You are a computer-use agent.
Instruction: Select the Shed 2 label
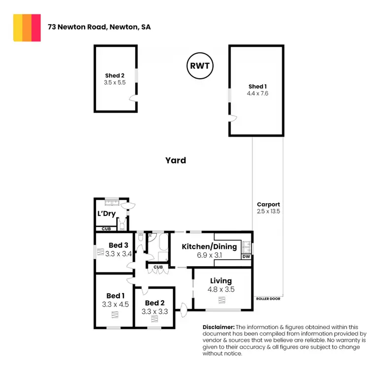[115, 75]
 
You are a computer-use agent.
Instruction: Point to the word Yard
[176, 160]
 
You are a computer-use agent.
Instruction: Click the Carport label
[268, 204]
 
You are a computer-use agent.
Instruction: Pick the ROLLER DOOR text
[268, 299]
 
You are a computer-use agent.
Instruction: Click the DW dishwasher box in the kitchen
[246, 256]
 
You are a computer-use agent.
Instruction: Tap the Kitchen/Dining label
[209, 246]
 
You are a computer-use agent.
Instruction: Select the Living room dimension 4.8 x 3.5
[221, 290]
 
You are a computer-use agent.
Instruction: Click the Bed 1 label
[115, 296]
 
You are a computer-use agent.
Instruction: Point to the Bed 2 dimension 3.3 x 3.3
[154, 311]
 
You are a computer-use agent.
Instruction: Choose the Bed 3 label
[119, 246]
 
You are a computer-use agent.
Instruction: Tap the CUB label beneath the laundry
[106, 229]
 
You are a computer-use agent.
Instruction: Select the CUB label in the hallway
[157, 267]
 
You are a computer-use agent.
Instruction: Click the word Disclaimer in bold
[219, 327]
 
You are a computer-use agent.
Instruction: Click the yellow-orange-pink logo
[27, 28]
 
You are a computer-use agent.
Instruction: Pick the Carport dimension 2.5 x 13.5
[268, 211]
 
